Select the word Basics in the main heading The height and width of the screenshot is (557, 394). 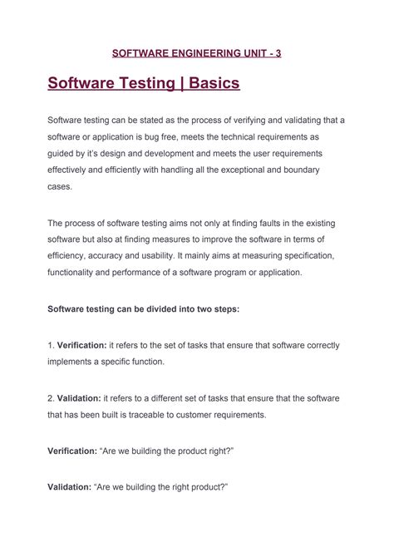(x=214, y=84)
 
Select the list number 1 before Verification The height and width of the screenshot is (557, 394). (x=49, y=345)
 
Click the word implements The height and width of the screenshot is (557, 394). (x=73, y=362)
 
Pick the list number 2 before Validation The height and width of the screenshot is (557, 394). (x=50, y=398)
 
